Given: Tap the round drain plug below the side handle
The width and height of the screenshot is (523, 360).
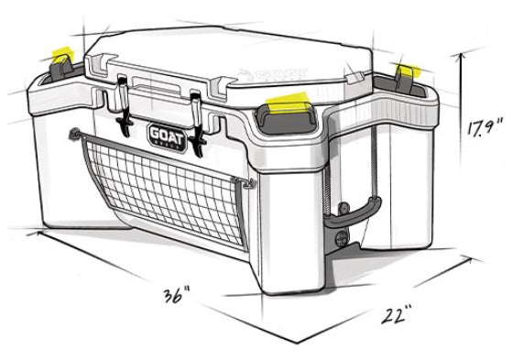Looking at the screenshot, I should click(343, 241).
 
